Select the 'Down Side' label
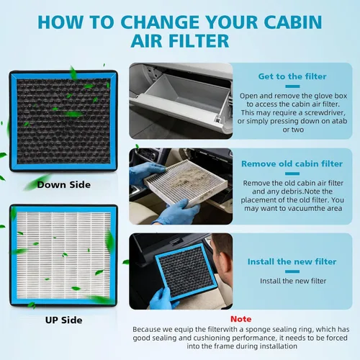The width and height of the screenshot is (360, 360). pyautogui.click(x=65, y=185)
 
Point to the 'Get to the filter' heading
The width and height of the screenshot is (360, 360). pyautogui.click(x=292, y=76)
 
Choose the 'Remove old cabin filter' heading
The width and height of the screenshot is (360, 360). pyautogui.click(x=292, y=163)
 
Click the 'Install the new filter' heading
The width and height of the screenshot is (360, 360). pyautogui.click(x=292, y=261)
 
